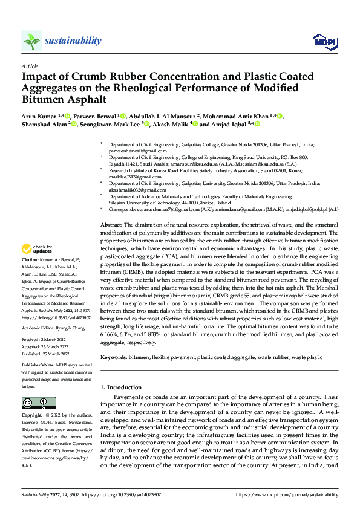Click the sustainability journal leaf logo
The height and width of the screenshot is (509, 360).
click(x=31, y=41)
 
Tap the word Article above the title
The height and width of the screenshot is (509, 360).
click(x=30, y=66)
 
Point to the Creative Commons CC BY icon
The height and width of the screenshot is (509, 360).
click(x=39, y=403)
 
